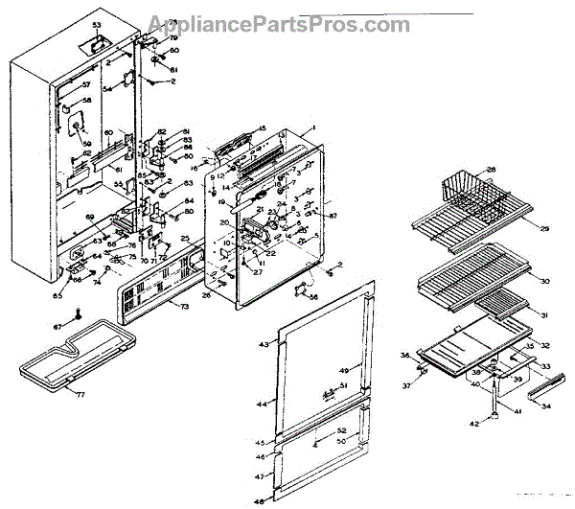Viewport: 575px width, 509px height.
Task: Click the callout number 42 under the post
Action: pos(472,422)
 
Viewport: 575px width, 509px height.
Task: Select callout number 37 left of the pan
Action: pos(406,385)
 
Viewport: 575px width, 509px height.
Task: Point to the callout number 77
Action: pos(80,394)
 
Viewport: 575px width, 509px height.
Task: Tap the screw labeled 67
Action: pos(82,312)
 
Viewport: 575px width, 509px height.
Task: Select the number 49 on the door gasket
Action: pos(342,370)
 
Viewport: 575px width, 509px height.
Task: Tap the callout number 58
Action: pos(85,101)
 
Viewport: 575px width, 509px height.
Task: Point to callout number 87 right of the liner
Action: pos(333,217)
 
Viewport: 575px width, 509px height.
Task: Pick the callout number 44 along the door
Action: pos(262,405)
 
